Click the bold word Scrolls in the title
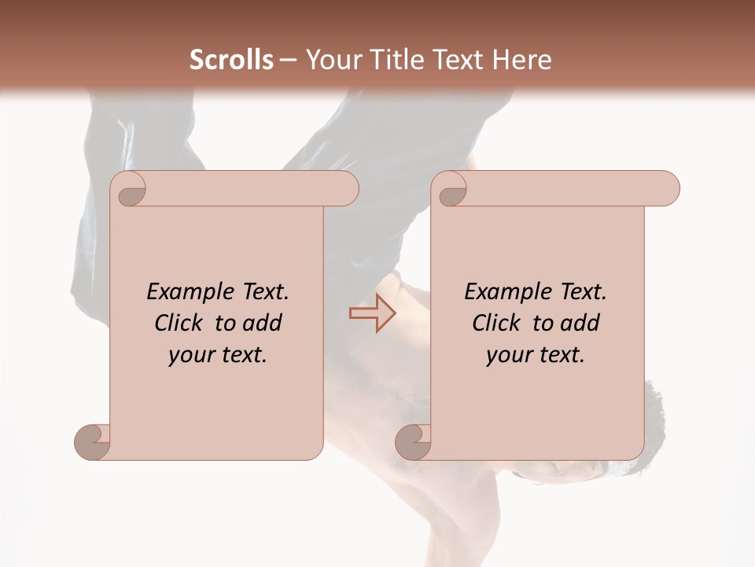[x=231, y=60]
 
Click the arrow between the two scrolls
[x=372, y=313]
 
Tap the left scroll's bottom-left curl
[x=93, y=442]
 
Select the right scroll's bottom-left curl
[x=414, y=442]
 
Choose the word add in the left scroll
[x=263, y=323]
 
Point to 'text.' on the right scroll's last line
[x=559, y=355]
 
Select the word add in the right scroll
[x=580, y=323]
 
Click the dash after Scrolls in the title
[x=288, y=60]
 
